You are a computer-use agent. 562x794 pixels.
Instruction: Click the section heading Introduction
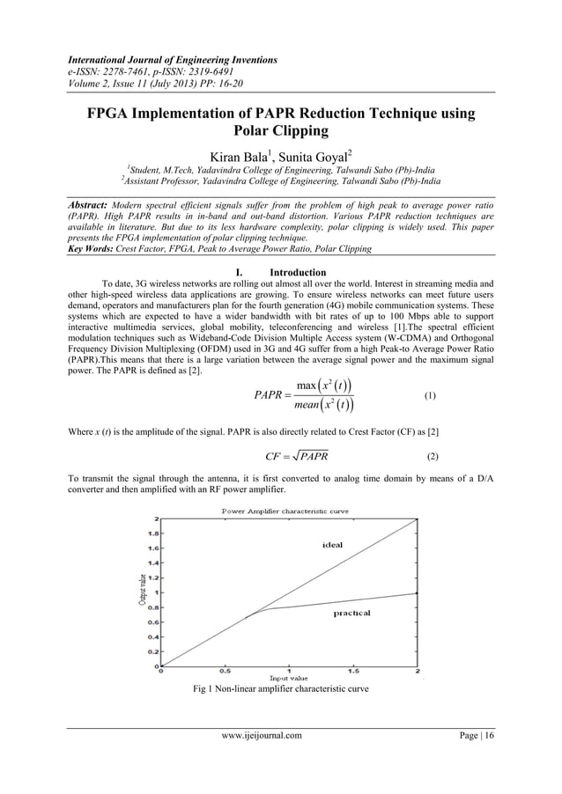tap(299, 272)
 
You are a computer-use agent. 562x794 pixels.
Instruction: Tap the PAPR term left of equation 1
tap(270, 397)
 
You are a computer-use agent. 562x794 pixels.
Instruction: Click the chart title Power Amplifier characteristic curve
tap(290, 511)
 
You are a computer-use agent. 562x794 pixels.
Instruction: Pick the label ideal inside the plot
tap(333, 545)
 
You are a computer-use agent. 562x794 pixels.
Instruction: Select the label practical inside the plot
tap(351, 613)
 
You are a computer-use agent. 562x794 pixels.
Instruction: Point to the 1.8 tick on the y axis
tap(152, 533)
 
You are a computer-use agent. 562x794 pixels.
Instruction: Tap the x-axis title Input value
tap(288, 680)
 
